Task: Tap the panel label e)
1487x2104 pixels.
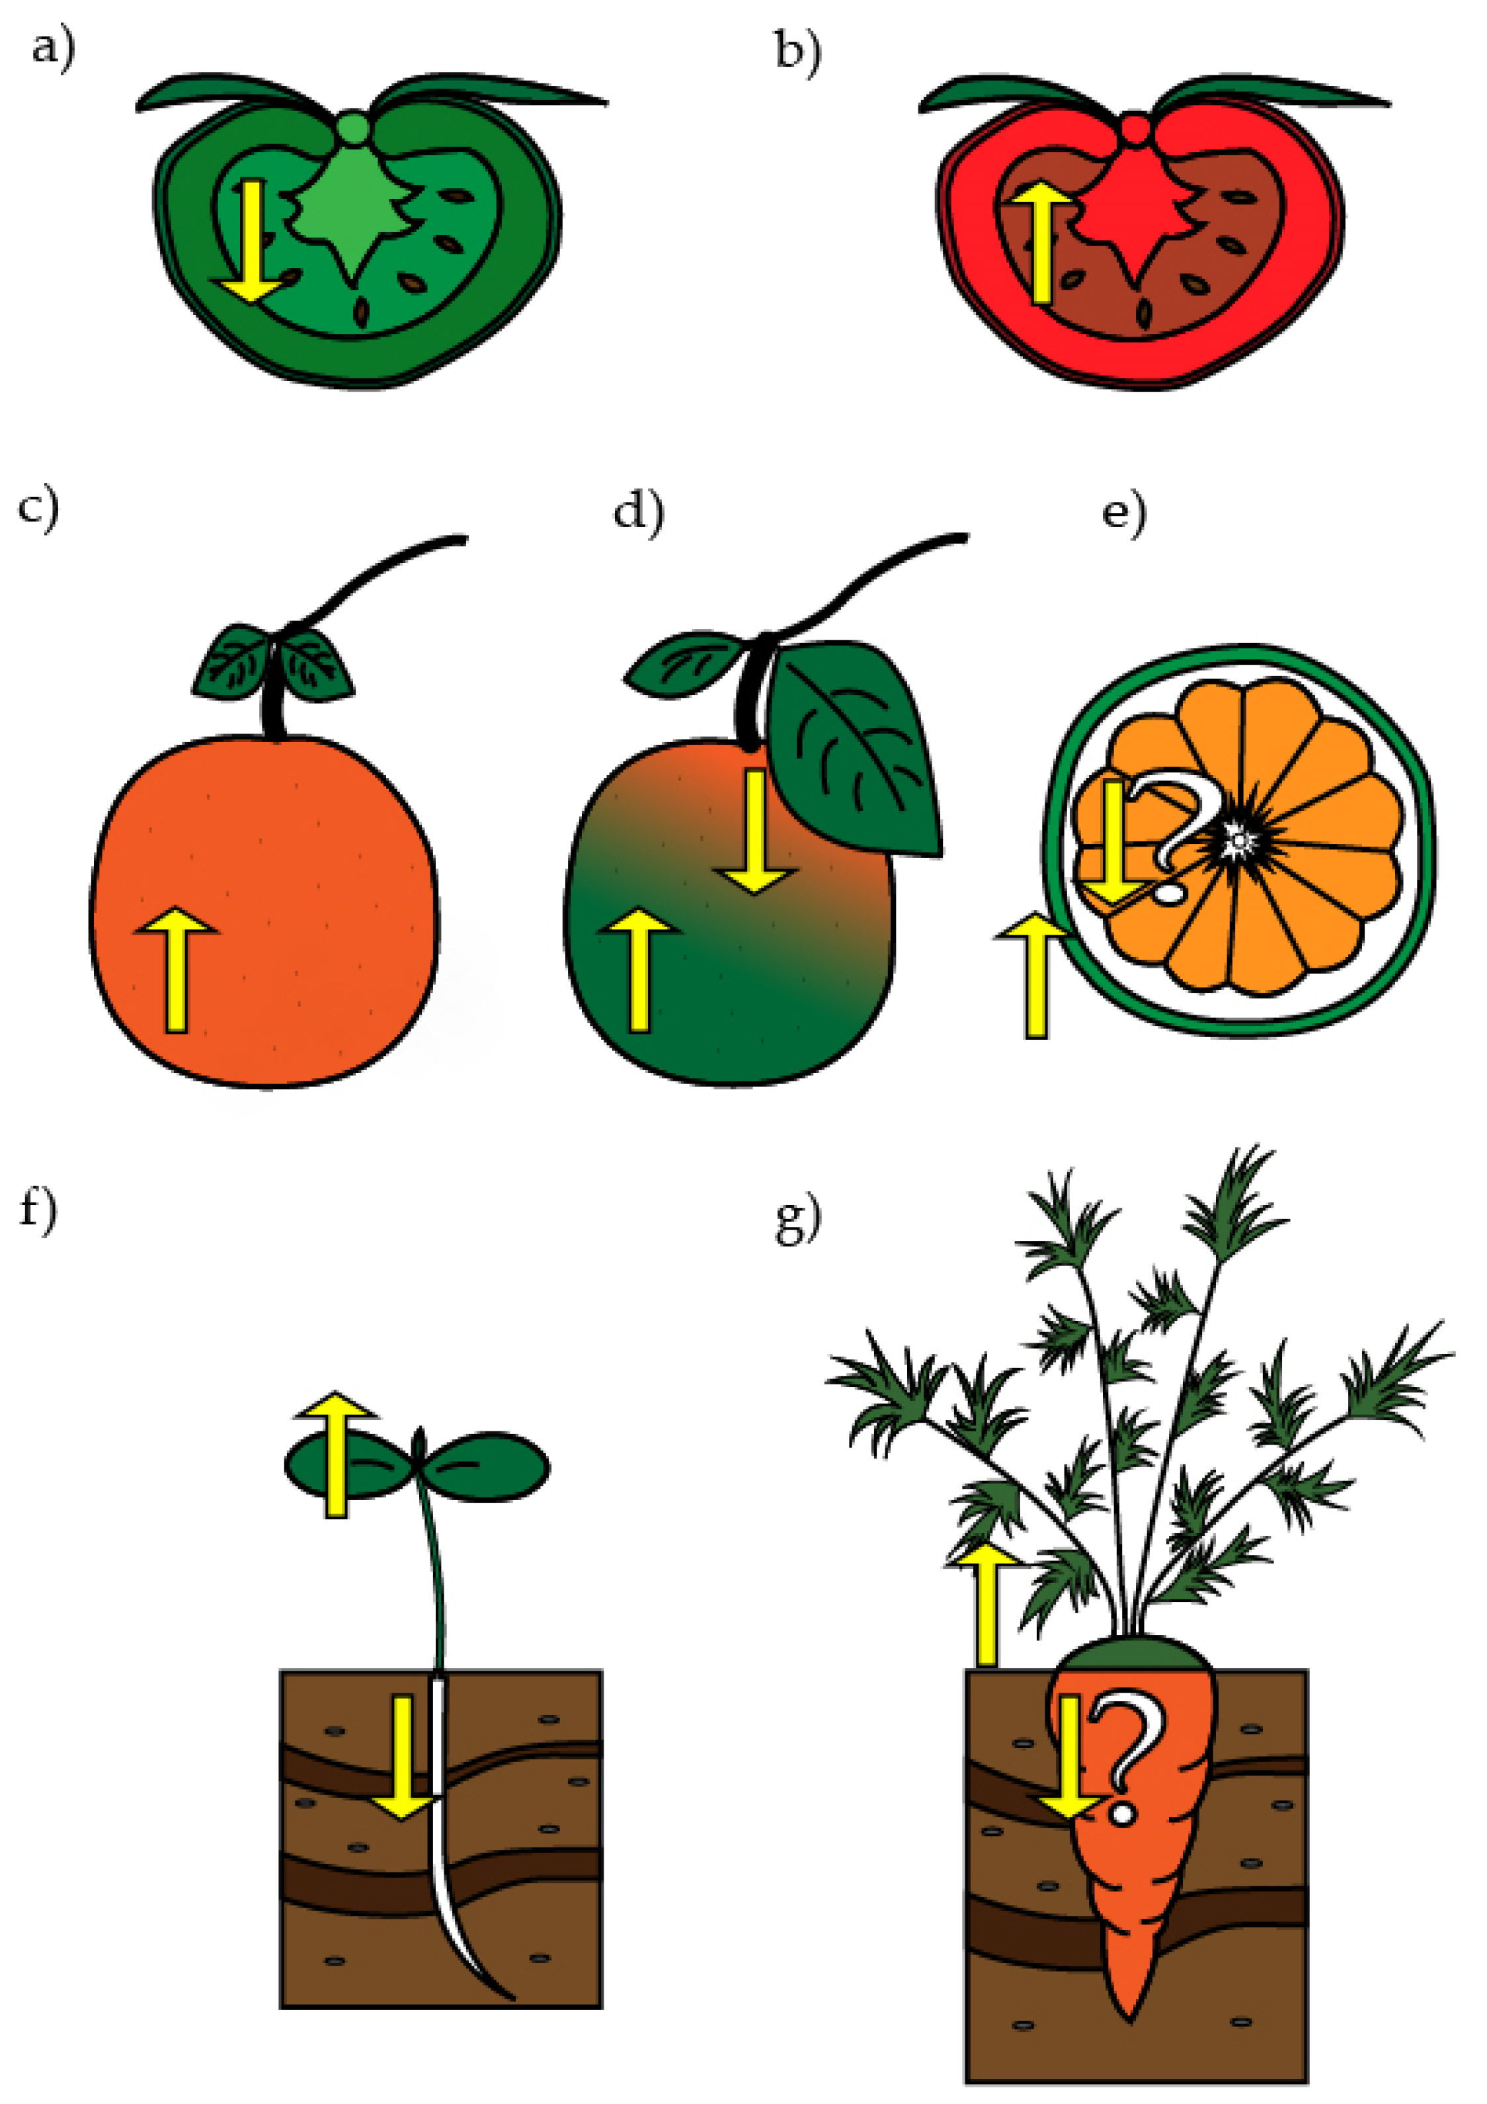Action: tap(1124, 513)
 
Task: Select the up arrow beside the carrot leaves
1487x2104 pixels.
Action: tap(985, 1604)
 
